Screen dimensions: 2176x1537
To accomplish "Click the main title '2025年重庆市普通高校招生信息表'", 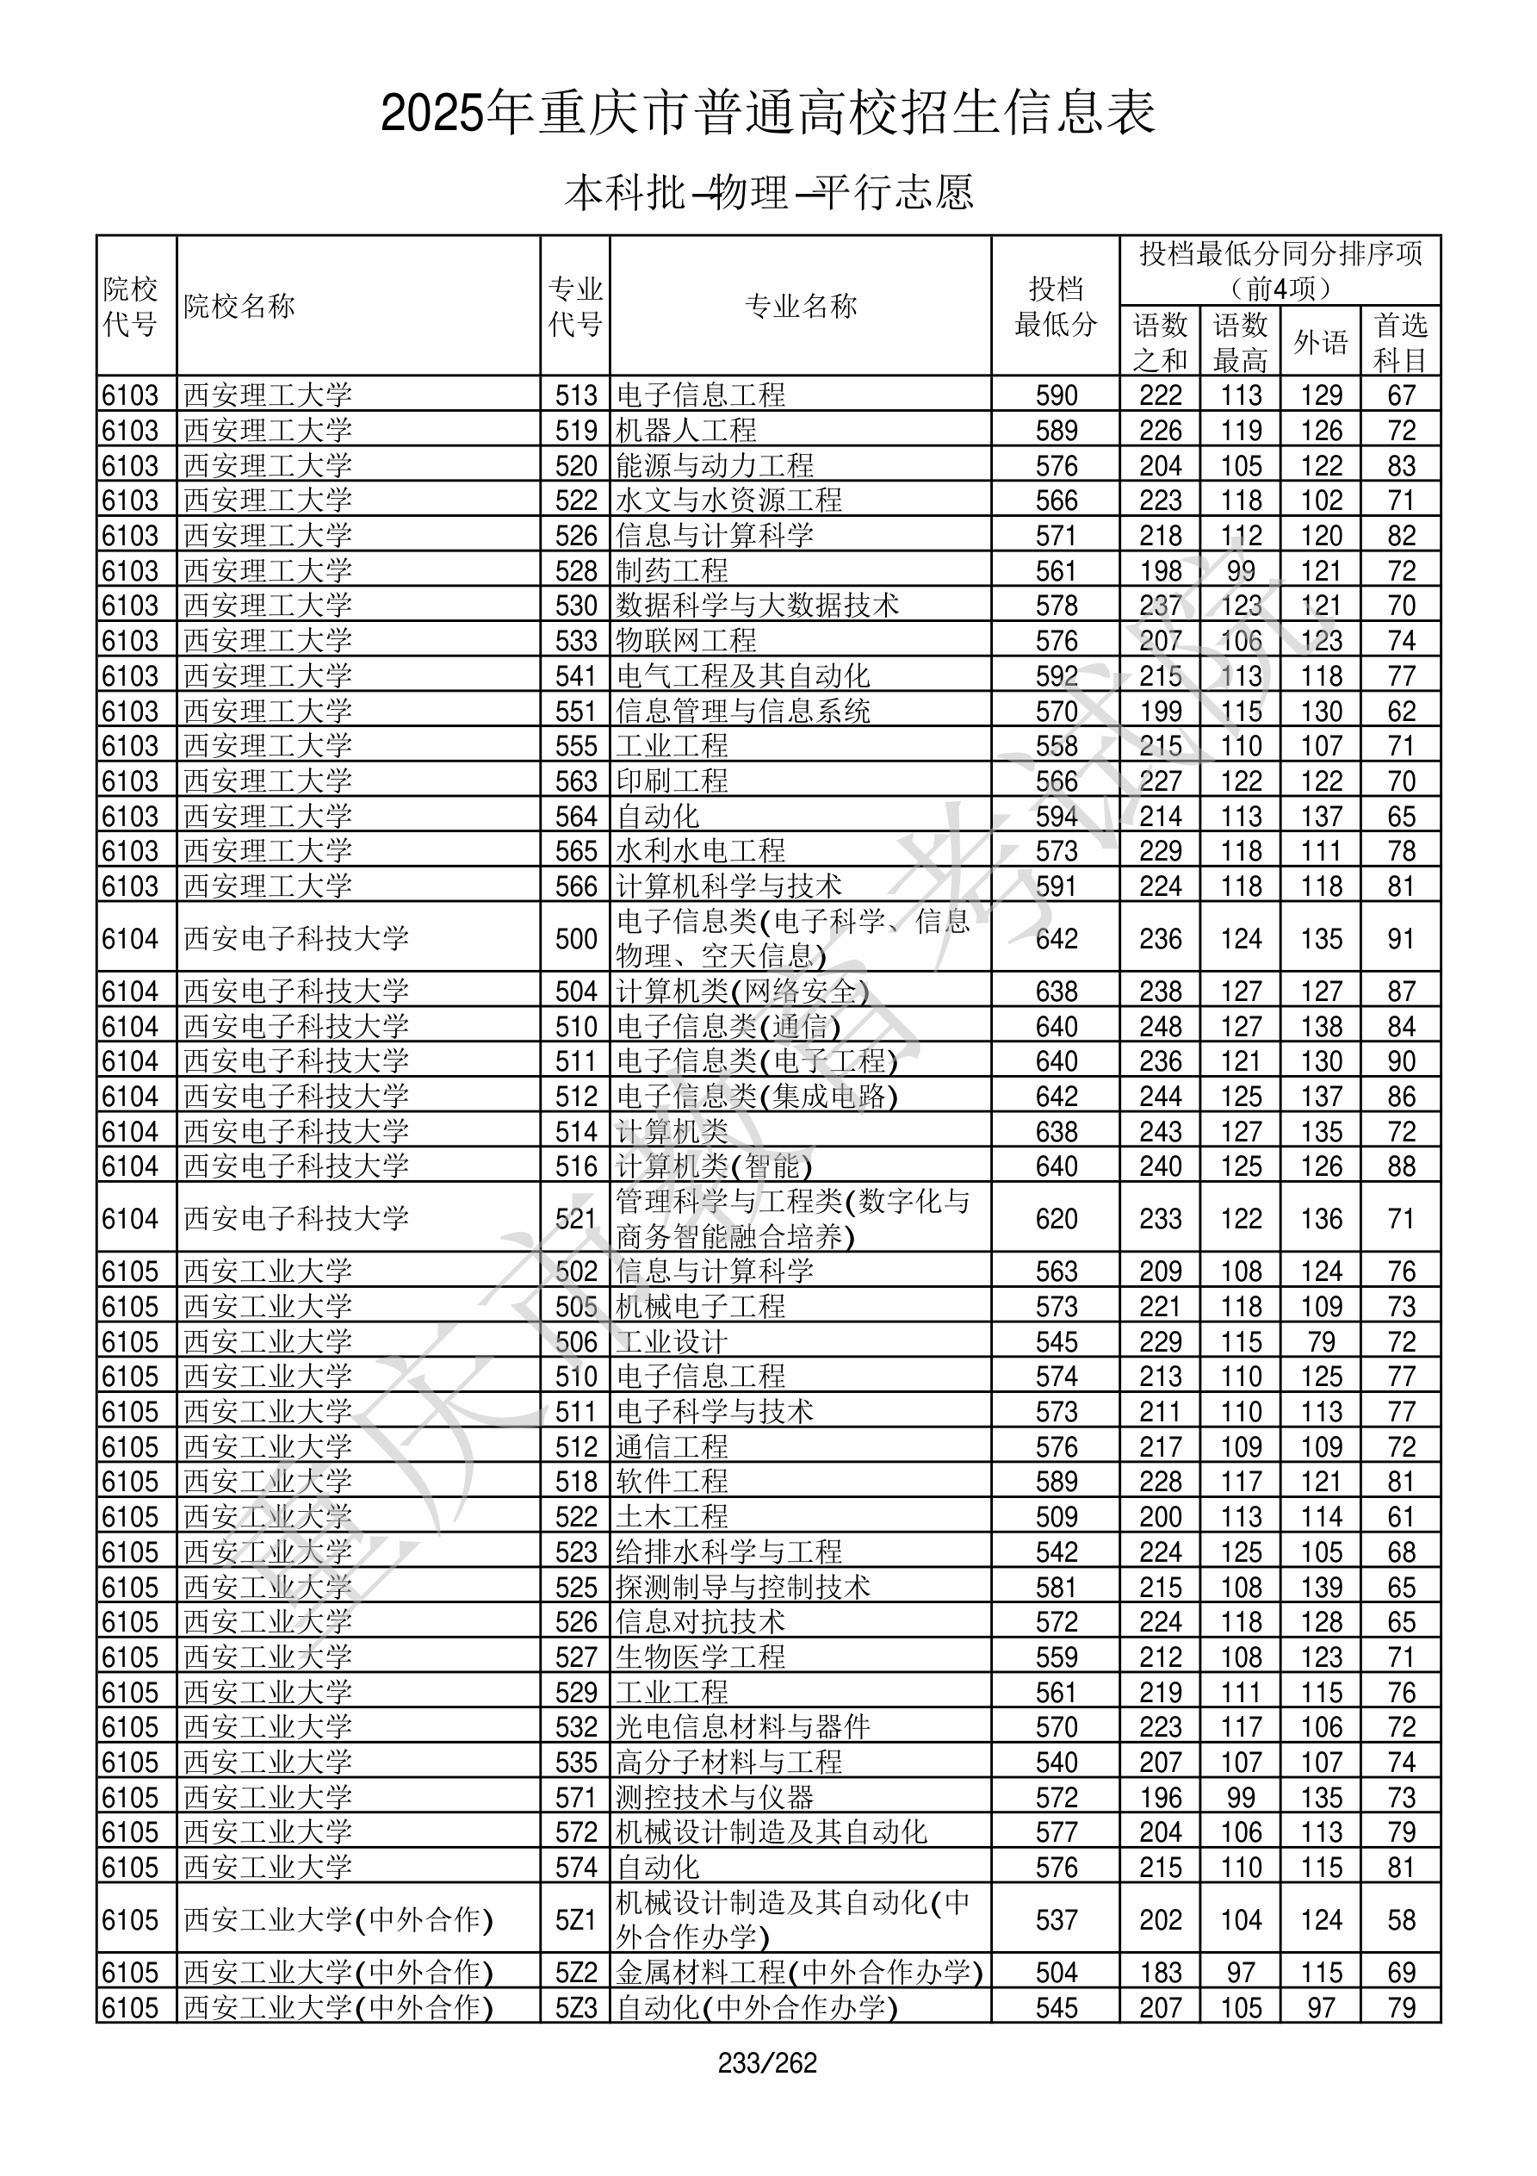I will [767, 114].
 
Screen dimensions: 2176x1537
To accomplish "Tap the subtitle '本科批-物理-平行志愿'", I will [767, 192].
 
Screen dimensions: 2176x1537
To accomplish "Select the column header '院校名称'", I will [239, 306].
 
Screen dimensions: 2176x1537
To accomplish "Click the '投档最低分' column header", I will [1055, 306].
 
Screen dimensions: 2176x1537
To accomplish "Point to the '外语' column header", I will [1320, 342].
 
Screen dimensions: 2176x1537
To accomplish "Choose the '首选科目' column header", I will [1401, 342].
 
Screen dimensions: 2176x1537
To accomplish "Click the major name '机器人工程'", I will [686, 430].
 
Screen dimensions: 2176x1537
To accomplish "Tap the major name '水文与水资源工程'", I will [728, 500].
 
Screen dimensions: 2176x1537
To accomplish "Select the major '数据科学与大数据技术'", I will [757, 606].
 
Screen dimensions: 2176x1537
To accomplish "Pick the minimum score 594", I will [1056, 816].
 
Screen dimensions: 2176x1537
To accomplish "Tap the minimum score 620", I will [1056, 1218].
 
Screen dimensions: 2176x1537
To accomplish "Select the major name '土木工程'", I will [672, 1516].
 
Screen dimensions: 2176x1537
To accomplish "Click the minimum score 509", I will [1056, 1516].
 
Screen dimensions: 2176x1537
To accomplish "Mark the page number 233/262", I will [767, 2062].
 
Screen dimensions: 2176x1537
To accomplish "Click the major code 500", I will [576, 938].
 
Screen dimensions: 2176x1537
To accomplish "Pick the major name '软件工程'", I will [672, 1482].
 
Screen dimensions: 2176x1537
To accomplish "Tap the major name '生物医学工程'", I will [700, 1657].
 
